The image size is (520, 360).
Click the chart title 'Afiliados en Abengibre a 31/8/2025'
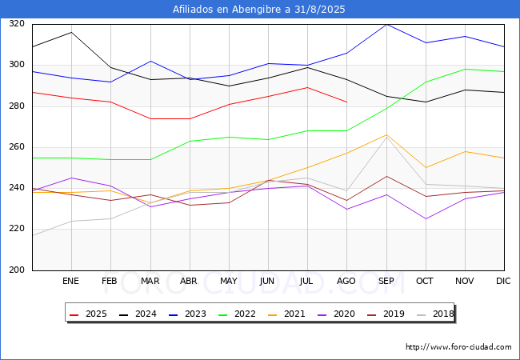click(x=258, y=10)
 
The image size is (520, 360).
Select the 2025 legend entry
click(x=88, y=314)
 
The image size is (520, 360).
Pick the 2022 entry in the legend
click(x=237, y=314)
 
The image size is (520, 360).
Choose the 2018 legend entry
click(x=435, y=314)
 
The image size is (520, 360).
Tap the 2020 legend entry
click(x=336, y=314)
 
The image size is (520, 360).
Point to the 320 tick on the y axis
click(x=17, y=23)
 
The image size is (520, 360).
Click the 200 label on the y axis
click(x=17, y=270)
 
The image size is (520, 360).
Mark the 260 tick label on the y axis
click(x=17, y=147)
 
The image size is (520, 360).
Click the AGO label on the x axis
click(x=346, y=281)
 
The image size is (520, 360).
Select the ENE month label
click(x=70, y=281)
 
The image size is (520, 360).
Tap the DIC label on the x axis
click(x=503, y=281)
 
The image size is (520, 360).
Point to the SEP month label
click(x=386, y=281)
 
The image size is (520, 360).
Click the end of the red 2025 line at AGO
click(x=347, y=102)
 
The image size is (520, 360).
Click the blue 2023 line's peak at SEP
click(x=386, y=24)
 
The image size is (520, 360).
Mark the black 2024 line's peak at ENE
click(x=71, y=32)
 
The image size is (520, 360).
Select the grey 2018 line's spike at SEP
click(x=386, y=137)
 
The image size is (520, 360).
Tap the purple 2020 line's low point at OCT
click(x=426, y=218)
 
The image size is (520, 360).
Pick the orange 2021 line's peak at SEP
click(x=386, y=134)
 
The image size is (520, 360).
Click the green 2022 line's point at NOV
click(x=466, y=69)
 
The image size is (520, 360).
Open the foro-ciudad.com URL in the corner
click(x=458, y=347)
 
